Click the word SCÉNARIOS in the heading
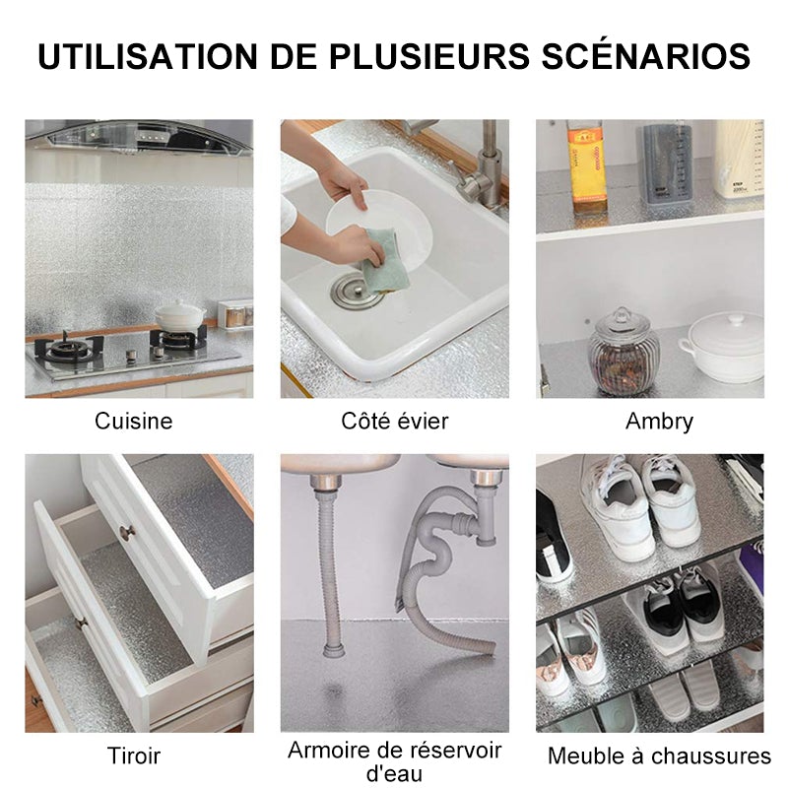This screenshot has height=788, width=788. click(x=648, y=56)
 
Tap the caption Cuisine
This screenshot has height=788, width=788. click(x=134, y=422)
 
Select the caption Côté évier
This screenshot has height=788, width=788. click(x=394, y=422)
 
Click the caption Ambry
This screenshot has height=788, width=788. click(x=659, y=422)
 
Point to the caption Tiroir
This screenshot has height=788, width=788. click(x=134, y=756)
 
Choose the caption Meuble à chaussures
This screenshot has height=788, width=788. click(x=659, y=756)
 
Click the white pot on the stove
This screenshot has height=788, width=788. click(x=179, y=317)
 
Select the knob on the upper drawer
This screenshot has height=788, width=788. click(x=126, y=532)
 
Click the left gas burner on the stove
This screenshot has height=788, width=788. click(x=71, y=348)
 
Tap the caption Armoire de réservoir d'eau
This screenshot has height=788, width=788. click(x=394, y=761)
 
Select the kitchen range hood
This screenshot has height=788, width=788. click(x=138, y=137)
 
